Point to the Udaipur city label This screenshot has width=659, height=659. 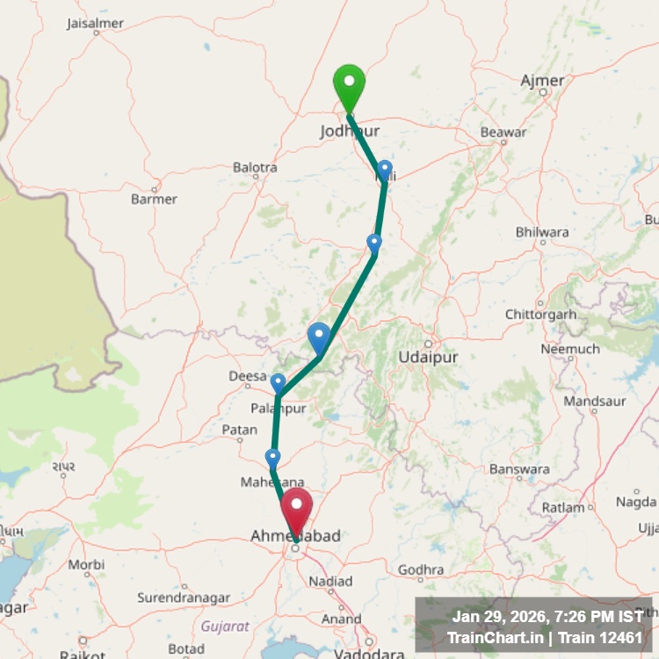pos(428,358)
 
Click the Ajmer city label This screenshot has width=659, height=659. pos(543,81)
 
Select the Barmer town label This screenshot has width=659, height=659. pos(154,199)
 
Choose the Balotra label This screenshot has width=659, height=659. pos(255,167)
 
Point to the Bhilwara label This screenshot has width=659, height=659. pos(542,232)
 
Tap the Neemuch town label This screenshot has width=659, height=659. pos(570,349)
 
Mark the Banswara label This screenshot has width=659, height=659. pos(518,469)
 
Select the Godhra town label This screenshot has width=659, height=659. pos(421,570)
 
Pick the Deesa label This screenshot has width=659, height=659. pos(247,376)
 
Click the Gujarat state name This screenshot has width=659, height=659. pos(225,626)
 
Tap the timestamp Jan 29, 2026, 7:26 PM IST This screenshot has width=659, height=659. pos(547,617)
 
